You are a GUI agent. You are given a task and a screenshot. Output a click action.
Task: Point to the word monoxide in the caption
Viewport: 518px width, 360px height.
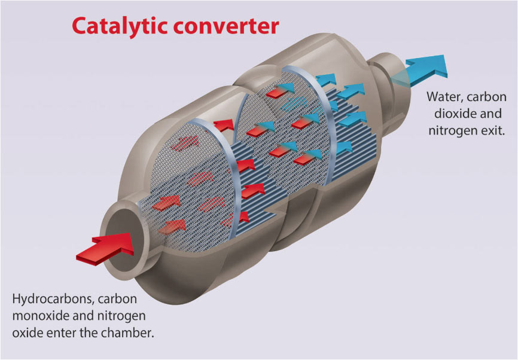40,315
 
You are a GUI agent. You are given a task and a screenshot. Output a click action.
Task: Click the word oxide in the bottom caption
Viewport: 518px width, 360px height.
25,332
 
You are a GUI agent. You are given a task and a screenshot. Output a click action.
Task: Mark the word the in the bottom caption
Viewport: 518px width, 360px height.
95,332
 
